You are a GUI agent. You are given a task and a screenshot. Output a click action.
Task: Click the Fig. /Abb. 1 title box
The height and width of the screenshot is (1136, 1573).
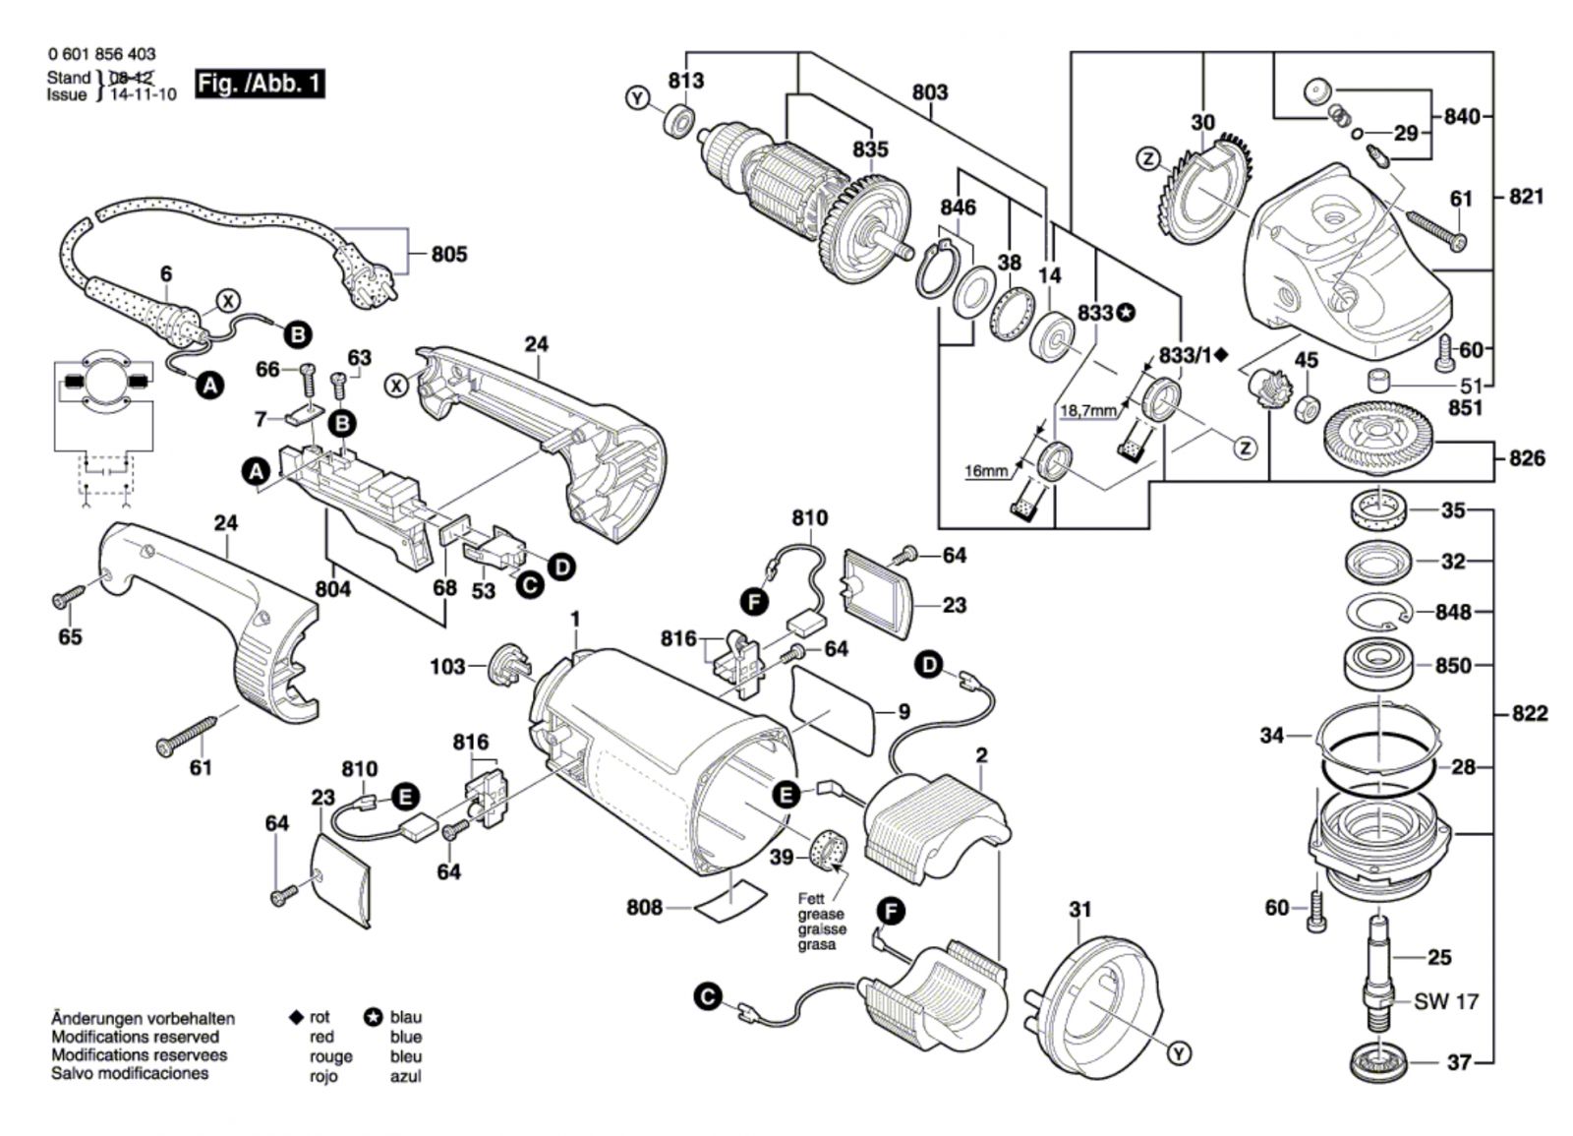pos(260,84)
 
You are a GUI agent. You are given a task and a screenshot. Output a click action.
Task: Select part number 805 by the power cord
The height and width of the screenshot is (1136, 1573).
pos(449,255)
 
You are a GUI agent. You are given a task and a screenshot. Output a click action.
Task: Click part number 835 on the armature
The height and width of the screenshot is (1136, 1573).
pos(870,149)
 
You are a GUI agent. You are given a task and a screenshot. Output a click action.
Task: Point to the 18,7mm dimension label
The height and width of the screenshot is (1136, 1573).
pos(1088,410)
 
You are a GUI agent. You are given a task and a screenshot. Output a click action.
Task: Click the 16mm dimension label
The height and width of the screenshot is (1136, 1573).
pos(986,472)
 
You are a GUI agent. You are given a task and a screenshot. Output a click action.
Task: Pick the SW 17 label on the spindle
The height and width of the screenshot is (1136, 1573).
pos(1446,1002)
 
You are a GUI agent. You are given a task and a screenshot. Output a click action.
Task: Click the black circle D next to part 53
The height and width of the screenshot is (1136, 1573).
pos(561,568)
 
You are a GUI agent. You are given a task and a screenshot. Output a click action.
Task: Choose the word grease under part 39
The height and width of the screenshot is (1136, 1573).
pos(820,915)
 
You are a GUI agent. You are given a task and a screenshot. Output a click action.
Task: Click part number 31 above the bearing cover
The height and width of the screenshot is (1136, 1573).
pos(1079,910)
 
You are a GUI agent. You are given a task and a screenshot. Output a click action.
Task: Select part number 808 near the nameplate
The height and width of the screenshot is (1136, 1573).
pos(645,908)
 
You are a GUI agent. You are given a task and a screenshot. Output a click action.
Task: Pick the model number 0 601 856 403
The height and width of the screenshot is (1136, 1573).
pos(101,55)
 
